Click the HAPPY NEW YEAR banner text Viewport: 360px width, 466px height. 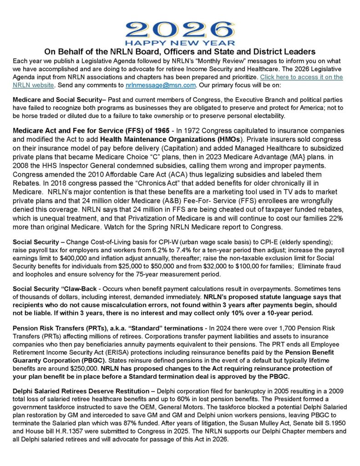point(179,43)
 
